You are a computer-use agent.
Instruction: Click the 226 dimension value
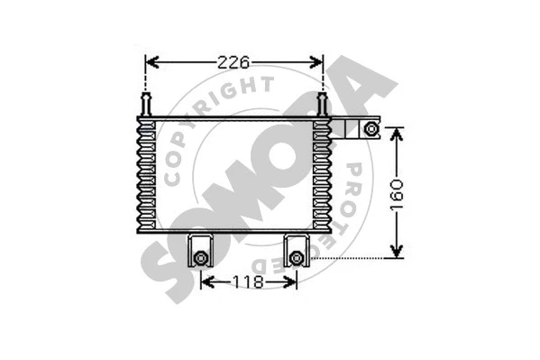(x=233, y=62)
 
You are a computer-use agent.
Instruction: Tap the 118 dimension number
(x=248, y=282)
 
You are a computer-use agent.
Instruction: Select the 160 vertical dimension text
(x=397, y=195)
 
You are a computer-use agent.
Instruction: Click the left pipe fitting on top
(x=146, y=104)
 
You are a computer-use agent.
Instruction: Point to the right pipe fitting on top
(x=322, y=104)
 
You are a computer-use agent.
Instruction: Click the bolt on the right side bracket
(x=371, y=129)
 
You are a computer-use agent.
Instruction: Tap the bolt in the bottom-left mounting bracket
(x=200, y=258)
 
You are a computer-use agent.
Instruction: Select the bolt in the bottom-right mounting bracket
(x=297, y=258)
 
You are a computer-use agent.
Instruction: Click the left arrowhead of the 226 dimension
(x=151, y=62)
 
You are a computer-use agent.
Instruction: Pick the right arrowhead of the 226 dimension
(x=316, y=62)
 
